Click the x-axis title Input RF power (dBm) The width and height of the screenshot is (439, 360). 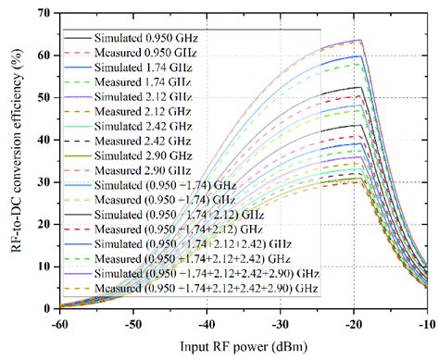pos(242,345)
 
